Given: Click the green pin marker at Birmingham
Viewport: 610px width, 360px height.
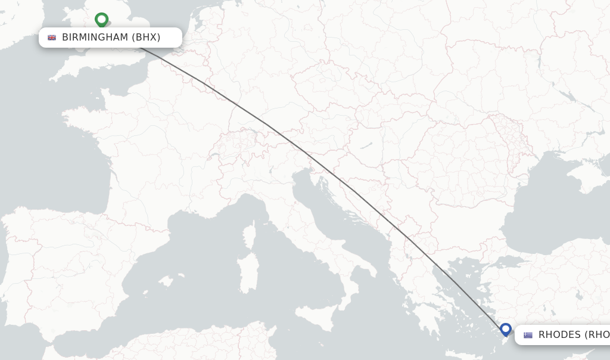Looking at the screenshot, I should tap(101, 20).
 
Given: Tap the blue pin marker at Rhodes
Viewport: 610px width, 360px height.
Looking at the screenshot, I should tap(506, 329).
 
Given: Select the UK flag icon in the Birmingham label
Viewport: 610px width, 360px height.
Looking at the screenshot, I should tap(52, 38).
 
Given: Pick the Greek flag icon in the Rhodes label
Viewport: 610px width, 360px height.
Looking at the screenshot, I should tap(528, 335).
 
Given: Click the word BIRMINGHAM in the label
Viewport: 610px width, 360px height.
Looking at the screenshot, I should tap(95, 38).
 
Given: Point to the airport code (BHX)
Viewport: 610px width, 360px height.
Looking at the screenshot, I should tap(146, 38).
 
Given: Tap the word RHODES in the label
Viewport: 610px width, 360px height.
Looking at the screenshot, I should tap(559, 335).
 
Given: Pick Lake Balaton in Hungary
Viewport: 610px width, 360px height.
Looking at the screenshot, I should tap(363, 144).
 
